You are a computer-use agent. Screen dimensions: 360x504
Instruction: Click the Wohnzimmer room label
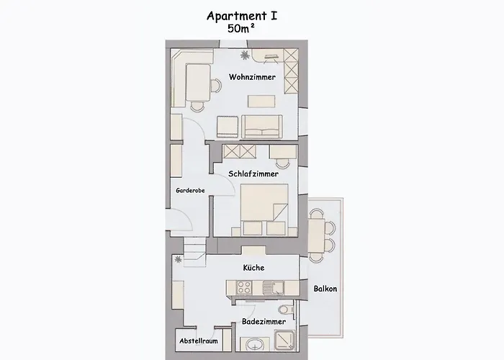coord(252,77)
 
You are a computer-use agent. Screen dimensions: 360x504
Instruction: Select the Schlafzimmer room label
coord(253,174)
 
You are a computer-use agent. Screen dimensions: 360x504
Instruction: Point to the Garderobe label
coord(191,191)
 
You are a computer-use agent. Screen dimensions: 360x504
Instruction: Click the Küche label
coord(253,268)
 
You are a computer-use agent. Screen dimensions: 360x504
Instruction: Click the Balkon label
coord(325,289)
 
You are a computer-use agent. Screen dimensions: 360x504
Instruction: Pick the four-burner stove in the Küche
coord(244,287)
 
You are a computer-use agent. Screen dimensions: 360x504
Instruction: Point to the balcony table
coord(317,235)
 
